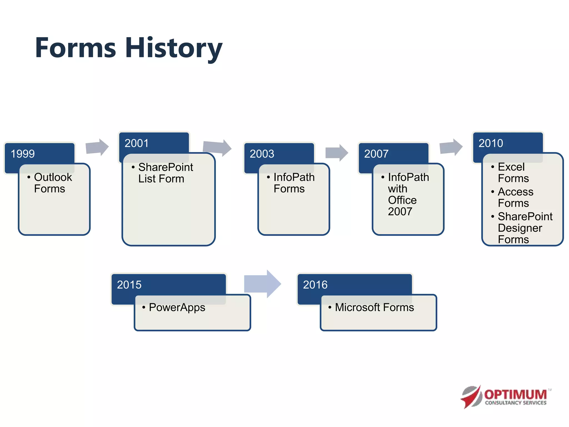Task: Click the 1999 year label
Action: point(23,154)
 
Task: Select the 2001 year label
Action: point(136,143)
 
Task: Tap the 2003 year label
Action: point(262,154)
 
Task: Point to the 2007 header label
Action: point(376,154)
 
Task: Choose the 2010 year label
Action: point(491,143)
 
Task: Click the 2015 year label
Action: point(129,285)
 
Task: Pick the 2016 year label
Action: point(315,285)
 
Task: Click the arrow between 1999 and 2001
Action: point(97,147)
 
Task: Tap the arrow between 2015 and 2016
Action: point(262,284)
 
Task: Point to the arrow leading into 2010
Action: point(451,147)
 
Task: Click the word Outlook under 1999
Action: point(53,177)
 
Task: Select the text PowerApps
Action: point(177,307)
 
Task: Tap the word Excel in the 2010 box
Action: point(511,167)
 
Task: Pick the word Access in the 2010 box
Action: point(515,192)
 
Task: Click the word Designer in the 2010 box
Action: point(520,228)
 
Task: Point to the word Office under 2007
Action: point(402,200)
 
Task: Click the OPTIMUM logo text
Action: point(515,394)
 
